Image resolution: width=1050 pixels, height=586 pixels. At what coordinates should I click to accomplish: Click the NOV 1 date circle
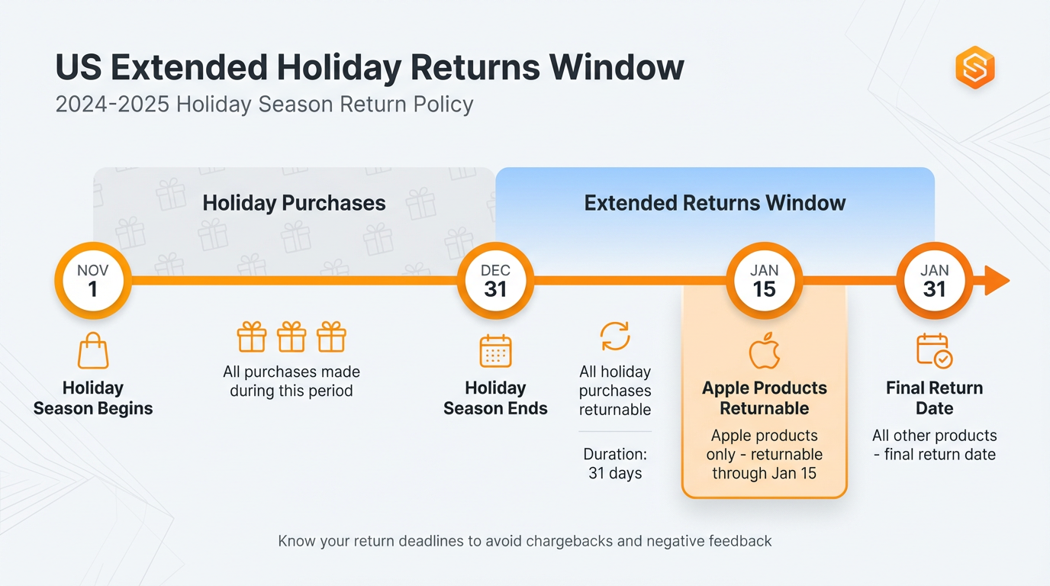(93, 281)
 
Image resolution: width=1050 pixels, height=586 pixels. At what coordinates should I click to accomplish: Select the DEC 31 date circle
(495, 281)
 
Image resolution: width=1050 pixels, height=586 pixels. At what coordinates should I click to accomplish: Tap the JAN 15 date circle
(764, 281)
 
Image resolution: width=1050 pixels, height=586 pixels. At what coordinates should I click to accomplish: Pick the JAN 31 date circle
(934, 281)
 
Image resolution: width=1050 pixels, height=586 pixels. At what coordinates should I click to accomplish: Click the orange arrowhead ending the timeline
(997, 281)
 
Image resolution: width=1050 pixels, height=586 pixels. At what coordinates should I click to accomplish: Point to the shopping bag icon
(93, 351)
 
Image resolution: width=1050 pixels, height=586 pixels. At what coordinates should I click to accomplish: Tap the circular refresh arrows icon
(614, 336)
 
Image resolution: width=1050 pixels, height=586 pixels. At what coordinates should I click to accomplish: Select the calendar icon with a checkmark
(934, 351)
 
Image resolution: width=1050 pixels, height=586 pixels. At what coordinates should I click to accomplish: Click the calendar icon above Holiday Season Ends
(495, 352)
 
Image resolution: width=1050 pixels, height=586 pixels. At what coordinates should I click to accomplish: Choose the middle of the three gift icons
(291, 336)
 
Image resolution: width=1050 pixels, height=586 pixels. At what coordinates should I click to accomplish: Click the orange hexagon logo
(975, 68)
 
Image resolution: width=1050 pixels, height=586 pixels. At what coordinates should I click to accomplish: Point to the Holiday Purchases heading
(294, 203)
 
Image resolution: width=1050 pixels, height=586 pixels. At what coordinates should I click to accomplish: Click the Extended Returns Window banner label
(715, 203)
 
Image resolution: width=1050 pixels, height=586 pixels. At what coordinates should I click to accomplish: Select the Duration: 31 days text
(615, 464)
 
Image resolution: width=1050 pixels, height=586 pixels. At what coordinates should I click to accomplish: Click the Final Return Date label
(934, 398)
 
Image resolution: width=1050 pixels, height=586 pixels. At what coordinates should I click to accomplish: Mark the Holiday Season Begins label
(93, 398)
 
